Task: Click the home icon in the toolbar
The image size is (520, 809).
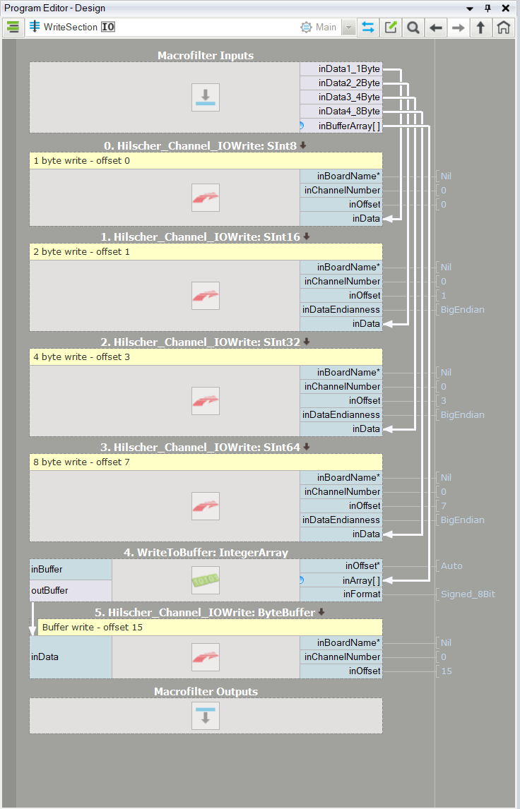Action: point(503,28)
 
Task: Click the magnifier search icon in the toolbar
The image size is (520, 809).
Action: point(413,28)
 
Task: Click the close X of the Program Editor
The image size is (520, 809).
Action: point(506,8)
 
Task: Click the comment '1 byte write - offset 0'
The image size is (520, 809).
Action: point(81,161)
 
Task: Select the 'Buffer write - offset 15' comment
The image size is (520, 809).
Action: point(93,628)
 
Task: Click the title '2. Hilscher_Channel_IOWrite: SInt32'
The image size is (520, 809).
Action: point(201,342)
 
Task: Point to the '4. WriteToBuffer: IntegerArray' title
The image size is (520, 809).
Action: point(206,553)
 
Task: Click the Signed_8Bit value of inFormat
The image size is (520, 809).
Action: point(468,594)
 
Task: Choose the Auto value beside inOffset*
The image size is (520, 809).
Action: point(452,566)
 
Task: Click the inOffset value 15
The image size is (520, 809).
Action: point(447,671)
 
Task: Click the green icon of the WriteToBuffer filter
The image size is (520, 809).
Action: point(206,580)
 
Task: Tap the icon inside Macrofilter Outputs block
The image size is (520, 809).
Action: point(206,716)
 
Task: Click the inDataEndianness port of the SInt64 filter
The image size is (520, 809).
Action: point(341,520)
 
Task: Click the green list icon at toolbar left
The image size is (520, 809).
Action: point(13,28)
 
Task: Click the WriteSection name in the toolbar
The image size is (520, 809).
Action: point(71,27)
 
